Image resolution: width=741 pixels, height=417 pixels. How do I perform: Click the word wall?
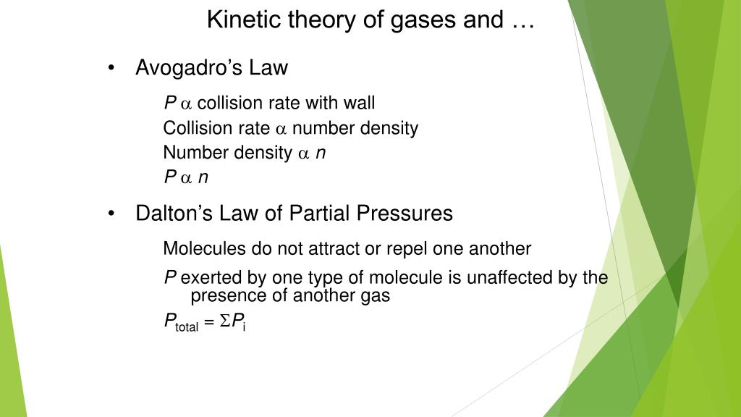point(359,104)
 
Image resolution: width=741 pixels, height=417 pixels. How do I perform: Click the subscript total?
point(187,327)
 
